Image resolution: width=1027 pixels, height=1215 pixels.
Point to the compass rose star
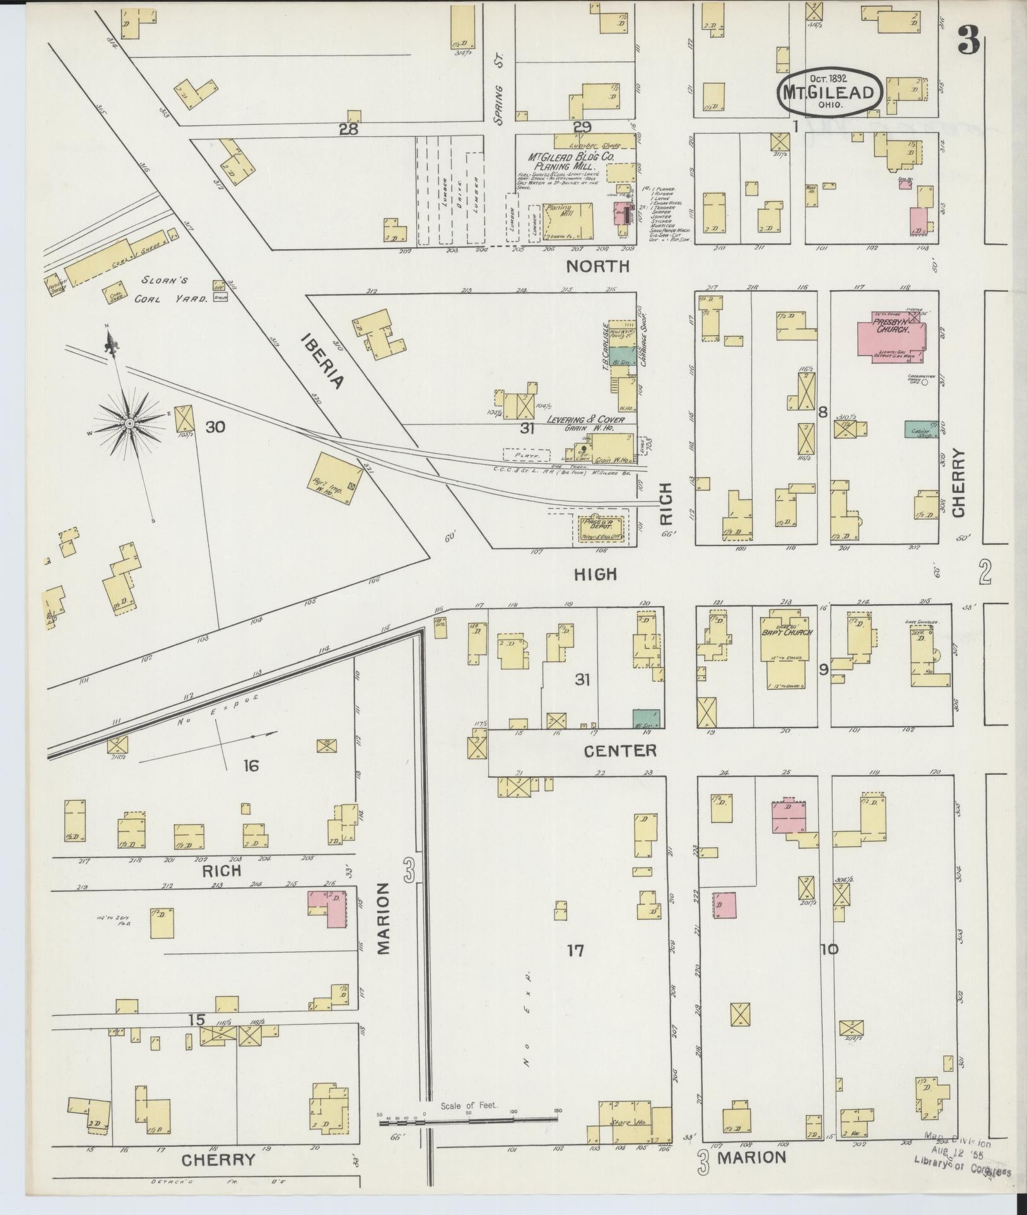(129, 423)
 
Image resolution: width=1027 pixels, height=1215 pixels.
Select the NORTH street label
(597, 266)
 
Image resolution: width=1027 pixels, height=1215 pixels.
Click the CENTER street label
(619, 750)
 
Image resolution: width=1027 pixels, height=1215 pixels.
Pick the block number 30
(214, 427)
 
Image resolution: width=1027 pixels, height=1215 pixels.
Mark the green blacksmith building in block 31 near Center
(647, 718)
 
